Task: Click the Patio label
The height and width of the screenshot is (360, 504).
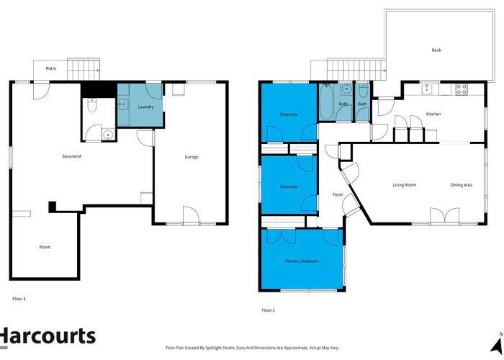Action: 50,69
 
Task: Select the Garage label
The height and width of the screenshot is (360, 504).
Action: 192,157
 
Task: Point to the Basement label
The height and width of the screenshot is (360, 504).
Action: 71,157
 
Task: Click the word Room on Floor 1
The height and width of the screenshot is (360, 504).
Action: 45,247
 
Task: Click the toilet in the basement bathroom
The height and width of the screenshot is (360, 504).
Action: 91,107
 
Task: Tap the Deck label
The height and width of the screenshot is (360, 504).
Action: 436,50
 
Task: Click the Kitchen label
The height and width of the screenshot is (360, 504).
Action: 433,114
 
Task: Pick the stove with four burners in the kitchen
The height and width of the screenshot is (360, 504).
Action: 462,90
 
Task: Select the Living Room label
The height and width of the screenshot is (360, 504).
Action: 404,185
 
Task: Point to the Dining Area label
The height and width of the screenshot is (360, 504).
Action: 462,185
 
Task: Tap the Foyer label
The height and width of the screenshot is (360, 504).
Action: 337,195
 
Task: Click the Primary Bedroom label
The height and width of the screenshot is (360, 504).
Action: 302,261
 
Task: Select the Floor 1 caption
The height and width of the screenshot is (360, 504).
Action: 19,298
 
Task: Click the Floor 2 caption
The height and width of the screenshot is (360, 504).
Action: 268,310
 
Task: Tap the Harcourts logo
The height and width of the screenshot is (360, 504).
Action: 48,336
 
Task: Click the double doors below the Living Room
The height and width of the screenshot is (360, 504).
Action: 442,216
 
